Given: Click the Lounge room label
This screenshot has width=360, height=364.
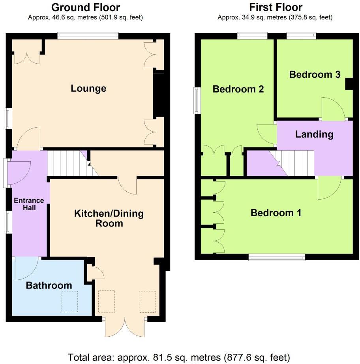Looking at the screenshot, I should coord(88,88).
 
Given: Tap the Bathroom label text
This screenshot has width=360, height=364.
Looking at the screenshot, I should coord(49,285).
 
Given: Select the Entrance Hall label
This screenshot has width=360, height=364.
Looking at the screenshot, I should coord(29,204).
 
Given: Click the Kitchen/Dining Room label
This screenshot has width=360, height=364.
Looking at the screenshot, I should coord(109,219).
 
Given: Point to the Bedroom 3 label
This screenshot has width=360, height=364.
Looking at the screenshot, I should coord(315,74).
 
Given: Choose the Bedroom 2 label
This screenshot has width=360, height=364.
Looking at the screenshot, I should coord(238,89).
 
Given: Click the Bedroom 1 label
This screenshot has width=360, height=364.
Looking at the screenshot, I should coord(276,213).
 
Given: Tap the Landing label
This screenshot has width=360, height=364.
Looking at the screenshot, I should coord(314,134).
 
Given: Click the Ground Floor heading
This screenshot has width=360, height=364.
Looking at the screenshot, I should coord(86,7).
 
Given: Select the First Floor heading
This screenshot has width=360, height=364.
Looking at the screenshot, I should coord(275,7).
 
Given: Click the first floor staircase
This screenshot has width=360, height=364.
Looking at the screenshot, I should coord(296,163).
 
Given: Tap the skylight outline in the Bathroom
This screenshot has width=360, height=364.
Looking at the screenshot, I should coord(69,301).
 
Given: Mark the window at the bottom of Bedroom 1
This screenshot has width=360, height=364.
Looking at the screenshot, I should coord(277,257).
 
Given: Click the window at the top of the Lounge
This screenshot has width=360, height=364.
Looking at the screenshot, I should coord(88,36).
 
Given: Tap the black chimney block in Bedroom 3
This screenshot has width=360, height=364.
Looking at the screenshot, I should coord(349,84).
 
